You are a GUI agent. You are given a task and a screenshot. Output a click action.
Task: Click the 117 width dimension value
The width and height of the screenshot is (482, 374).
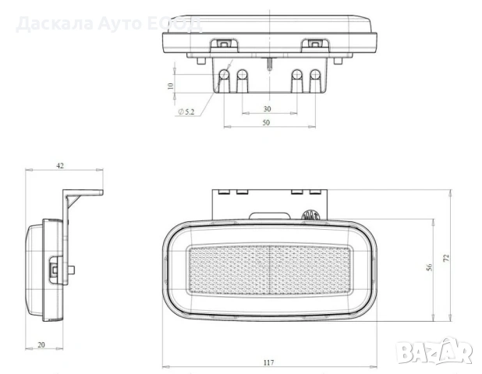point(268,361)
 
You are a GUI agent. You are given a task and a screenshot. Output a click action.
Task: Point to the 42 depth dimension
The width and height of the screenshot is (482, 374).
point(60,164)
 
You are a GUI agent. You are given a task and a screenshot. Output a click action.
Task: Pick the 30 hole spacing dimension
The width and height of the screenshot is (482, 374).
point(267,109)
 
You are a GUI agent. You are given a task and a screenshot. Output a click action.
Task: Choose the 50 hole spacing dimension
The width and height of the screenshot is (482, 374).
point(267,123)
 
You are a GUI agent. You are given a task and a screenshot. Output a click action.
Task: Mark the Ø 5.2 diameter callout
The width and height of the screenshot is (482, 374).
point(187,112)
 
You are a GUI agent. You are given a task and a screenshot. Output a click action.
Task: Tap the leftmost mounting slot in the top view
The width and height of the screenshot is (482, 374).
point(224,79)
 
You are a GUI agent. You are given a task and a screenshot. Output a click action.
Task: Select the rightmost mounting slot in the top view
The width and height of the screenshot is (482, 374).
point(315,79)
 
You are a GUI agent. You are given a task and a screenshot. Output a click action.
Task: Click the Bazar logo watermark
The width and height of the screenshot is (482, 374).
point(434,351)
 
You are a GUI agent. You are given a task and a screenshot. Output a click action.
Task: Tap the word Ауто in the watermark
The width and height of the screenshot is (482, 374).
point(121,23)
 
